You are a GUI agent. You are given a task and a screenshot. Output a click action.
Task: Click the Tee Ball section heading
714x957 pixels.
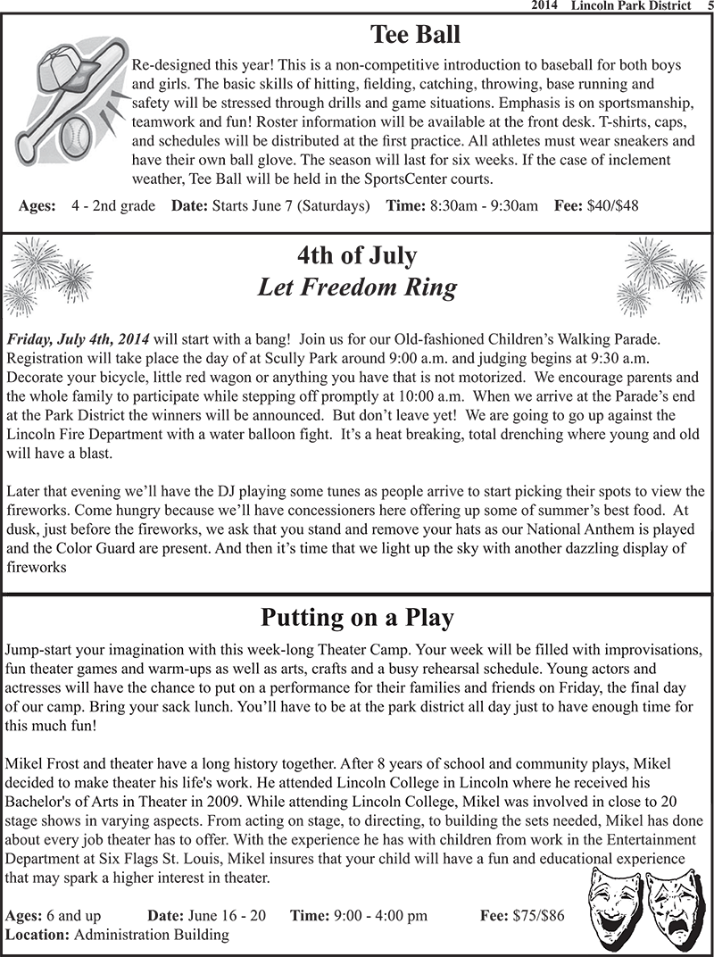coord(416,35)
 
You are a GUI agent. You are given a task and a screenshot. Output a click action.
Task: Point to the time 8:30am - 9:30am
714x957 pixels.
coord(484,205)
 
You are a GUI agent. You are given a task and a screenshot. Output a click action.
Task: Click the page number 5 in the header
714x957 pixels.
coord(707,6)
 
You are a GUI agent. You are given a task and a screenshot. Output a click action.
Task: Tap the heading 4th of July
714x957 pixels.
coord(356,255)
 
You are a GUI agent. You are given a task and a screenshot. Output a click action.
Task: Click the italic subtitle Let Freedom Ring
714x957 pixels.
coord(356,287)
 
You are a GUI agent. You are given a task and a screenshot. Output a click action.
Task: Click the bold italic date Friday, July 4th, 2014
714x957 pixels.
coord(79,340)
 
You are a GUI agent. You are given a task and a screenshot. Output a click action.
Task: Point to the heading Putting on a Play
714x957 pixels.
coord(357,618)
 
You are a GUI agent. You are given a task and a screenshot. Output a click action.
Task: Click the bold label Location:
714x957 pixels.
coord(37,935)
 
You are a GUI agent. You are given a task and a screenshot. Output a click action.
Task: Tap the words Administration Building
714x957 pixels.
coord(151,935)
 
